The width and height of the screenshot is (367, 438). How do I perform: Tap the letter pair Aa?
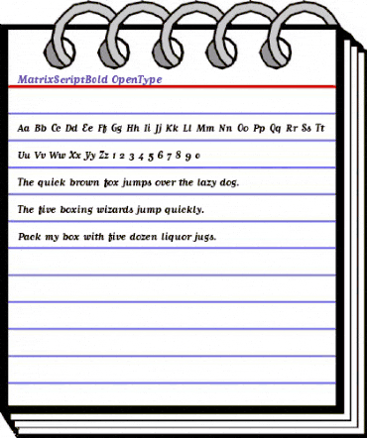point(24,129)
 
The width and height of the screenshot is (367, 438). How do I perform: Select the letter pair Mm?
point(206,129)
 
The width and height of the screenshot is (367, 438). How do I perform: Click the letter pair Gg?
point(117,129)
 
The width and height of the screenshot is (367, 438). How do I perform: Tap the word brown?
point(102,183)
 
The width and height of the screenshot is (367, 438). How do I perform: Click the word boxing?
point(74,211)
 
